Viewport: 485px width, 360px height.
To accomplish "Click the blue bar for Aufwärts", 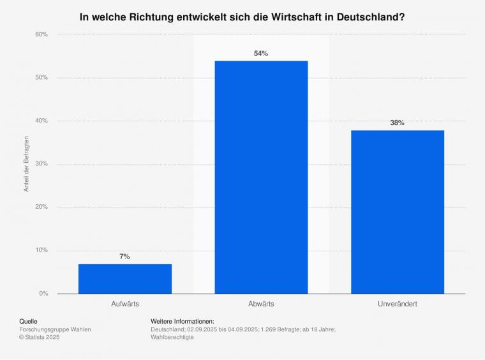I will pyautogui.click(x=125, y=278).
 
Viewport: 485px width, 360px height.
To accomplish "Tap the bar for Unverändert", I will pyautogui.click(x=397, y=212).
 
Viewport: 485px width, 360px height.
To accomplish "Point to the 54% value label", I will pyautogui.click(x=261, y=54).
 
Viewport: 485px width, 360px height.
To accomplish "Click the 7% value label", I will pyautogui.click(x=124, y=257).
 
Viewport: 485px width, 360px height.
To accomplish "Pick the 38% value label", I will pyautogui.click(x=397, y=123).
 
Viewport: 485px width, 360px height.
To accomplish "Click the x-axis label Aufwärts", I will pyautogui.click(x=125, y=304).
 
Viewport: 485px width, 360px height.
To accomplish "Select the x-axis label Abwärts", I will pyautogui.click(x=261, y=304).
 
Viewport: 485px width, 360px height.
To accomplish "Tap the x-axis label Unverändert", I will pyautogui.click(x=397, y=304).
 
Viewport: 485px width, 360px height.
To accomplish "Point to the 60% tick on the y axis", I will pyautogui.click(x=41, y=34).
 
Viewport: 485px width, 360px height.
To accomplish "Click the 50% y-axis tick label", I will pyautogui.click(x=41, y=78).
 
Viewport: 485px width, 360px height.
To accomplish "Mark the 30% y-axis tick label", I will pyautogui.click(x=41, y=164).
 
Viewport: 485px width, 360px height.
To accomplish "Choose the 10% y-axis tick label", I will pyautogui.click(x=41, y=250).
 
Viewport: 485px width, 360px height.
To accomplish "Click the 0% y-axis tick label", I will pyautogui.click(x=43, y=294).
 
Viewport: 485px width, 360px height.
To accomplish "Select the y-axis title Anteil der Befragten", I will pyautogui.click(x=27, y=164).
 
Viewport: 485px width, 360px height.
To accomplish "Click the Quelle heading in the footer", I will pyautogui.click(x=29, y=321).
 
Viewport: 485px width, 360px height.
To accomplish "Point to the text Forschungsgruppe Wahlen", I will pyautogui.click(x=56, y=329).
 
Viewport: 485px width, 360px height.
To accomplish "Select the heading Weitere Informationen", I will pyautogui.click(x=183, y=321).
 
